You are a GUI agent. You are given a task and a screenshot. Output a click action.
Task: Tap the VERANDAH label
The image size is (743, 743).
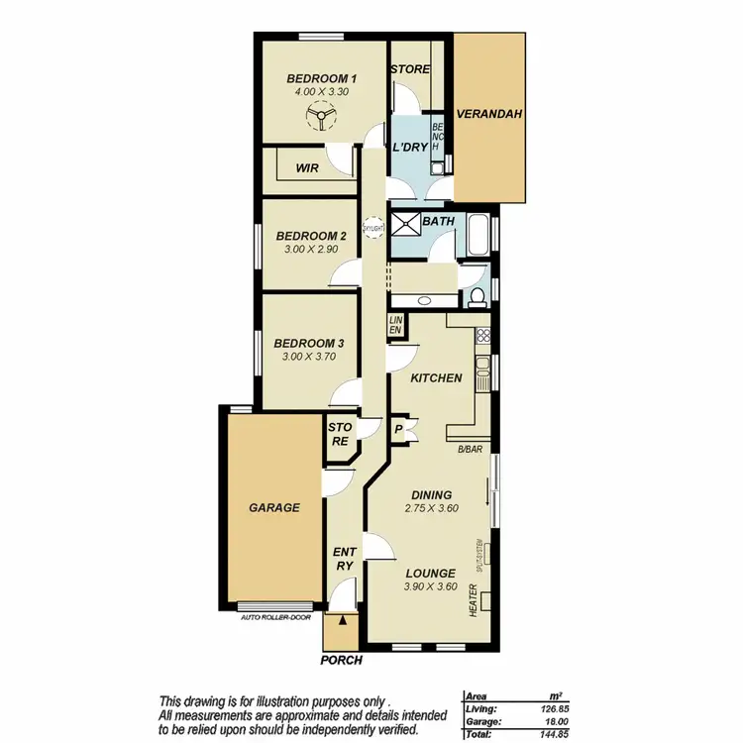coord(489,115)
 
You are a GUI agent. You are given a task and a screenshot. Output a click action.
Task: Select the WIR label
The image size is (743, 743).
coord(307,168)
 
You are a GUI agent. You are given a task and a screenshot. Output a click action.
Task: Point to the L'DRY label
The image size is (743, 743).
coord(409,148)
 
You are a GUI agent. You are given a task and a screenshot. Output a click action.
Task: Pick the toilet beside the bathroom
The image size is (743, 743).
coord(477,293)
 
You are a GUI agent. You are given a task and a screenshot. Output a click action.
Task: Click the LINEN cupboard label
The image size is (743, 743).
coord(396,324)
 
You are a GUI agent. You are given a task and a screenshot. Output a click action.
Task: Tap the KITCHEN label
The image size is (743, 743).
coord(436,377)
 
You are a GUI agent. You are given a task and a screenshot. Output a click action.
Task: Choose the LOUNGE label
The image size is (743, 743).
coord(430,573)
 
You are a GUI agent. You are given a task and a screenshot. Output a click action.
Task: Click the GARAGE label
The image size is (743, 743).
coord(273,507)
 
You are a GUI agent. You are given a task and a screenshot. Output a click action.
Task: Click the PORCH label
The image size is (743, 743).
coord(342,660)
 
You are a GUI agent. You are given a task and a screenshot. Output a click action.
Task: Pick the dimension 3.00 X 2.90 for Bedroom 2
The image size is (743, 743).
coord(310,250)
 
